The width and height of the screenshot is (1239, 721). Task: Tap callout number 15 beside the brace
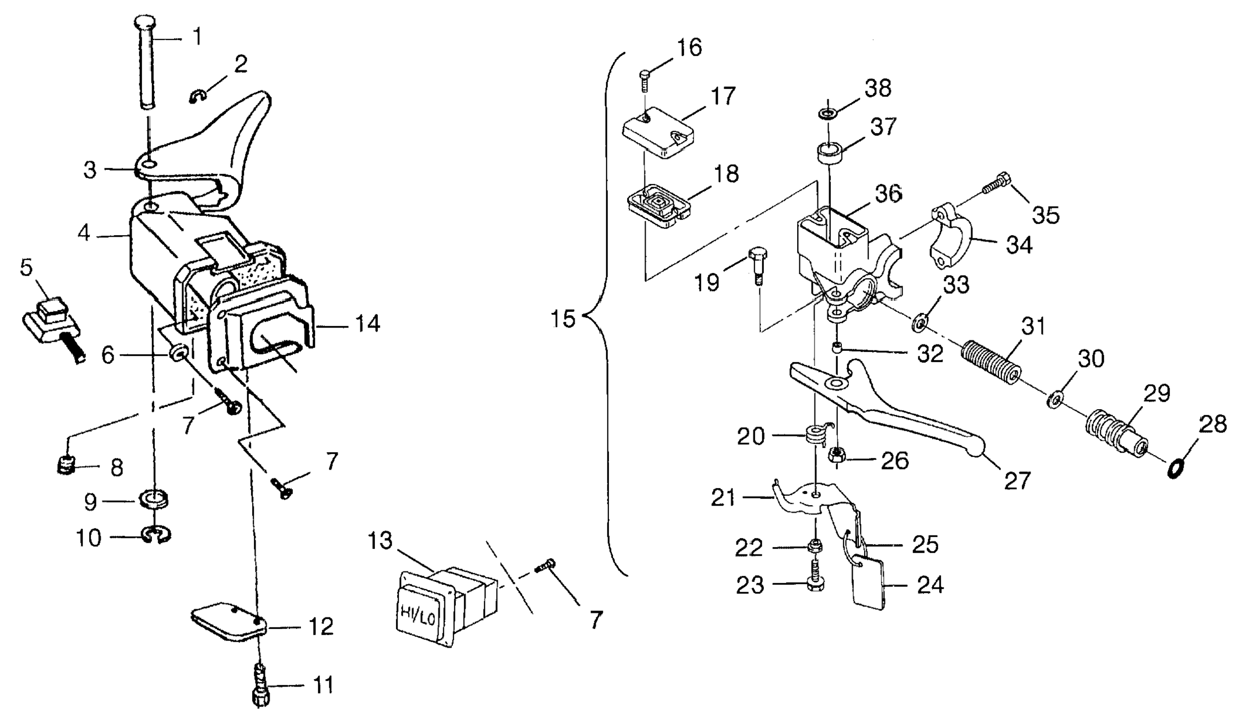click(563, 319)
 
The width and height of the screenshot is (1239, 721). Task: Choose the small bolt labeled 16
click(645, 79)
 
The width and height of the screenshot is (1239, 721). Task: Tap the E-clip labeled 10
click(155, 535)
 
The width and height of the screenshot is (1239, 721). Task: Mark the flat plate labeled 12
click(228, 623)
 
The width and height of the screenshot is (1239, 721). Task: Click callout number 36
click(888, 194)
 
